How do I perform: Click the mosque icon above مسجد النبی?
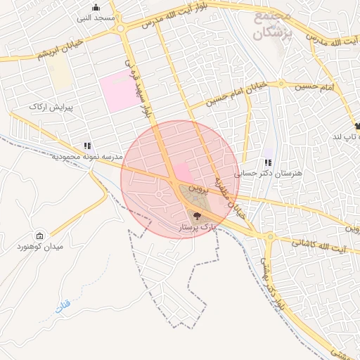(95, 8)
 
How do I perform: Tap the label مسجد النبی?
(95, 18)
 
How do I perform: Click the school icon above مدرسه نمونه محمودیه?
(87, 146)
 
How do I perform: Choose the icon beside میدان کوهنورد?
(39, 236)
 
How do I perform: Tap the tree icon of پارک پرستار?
(196, 217)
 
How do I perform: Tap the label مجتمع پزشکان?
(262, 25)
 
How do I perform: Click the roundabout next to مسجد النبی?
(122, 29)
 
